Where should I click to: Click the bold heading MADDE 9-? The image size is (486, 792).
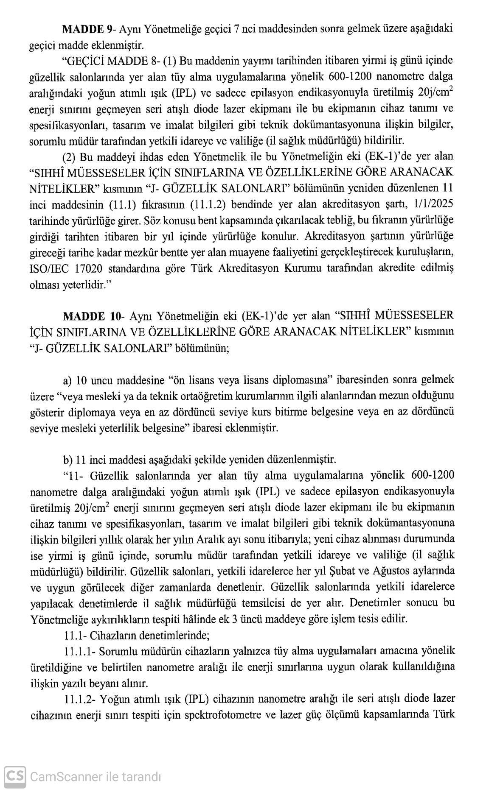[87, 29]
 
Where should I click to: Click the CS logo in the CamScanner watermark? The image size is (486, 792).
[14, 776]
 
